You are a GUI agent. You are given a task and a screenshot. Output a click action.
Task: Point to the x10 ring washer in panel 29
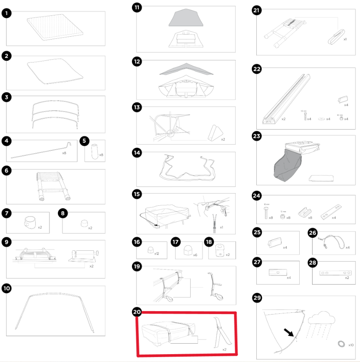340,343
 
